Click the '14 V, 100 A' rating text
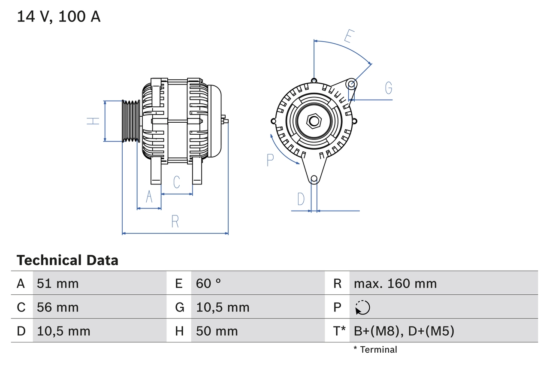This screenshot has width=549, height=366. point(59,16)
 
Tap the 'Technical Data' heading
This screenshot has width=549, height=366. point(67,260)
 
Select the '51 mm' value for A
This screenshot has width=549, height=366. point(58,283)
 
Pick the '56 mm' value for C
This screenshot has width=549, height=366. point(58,307)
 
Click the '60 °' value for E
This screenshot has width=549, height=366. point(208,283)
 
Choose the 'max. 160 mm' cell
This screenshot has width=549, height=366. point(395,283)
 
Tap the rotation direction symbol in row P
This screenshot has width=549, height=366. point(362,307)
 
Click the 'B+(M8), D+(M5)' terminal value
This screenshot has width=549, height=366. point(404,331)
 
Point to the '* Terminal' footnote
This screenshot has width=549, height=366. point(375,350)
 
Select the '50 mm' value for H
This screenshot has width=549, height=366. point(217,331)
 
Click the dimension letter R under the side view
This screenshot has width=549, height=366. point(175,221)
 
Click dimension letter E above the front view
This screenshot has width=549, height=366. point(348,37)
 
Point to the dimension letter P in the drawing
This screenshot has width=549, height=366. point(270,160)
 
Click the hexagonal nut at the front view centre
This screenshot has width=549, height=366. point(314,121)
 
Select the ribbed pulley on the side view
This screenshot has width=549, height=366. point(131,121)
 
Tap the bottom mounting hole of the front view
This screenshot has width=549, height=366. point(314,178)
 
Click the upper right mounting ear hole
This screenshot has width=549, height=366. point(351,83)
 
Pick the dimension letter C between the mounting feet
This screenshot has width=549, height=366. point(176,182)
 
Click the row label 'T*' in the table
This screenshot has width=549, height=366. point(339,331)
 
